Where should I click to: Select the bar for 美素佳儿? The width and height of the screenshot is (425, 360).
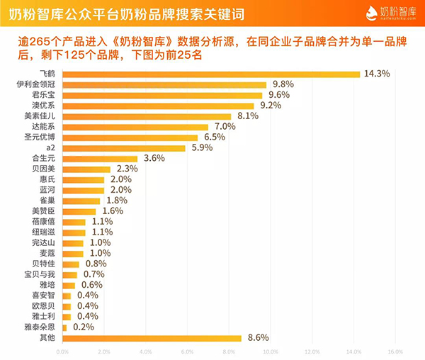pyautogui.click(x=147, y=116)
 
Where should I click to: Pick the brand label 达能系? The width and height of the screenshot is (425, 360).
pyautogui.click(x=45, y=126)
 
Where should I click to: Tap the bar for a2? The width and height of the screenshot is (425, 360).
pyautogui.click(x=124, y=147)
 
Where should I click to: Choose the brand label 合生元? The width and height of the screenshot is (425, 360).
pyautogui.click(x=45, y=159)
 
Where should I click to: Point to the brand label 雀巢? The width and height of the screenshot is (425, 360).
pyautogui.click(x=49, y=201)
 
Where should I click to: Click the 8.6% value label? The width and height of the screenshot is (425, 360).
pyautogui.click(x=256, y=338)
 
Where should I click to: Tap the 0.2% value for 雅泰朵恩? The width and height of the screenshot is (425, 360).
pyautogui.click(x=82, y=327)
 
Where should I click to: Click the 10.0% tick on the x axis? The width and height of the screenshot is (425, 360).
pyautogui.click(x=269, y=351)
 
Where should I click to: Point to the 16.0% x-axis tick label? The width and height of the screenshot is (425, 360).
pyautogui.click(x=394, y=351)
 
